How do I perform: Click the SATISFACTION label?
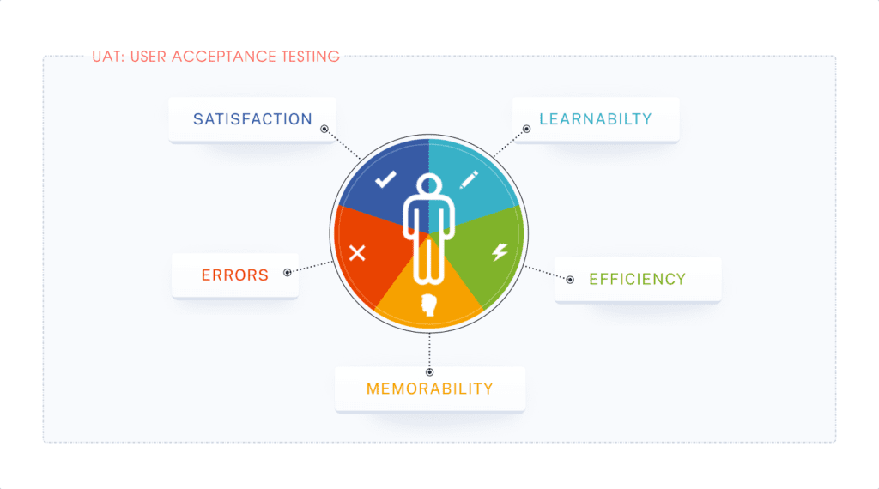click(x=252, y=119)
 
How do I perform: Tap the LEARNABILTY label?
click(x=596, y=119)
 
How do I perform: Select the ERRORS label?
click(x=235, y=275)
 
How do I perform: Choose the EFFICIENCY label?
click(x=637, y=279)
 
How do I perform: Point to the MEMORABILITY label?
click(x=429, y=389)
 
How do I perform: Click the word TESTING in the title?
click(x=310, y=57)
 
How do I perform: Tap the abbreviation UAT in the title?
click(x=106, y=57)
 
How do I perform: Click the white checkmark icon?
click(x=385, y=180)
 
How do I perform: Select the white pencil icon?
click(x=469, y=180)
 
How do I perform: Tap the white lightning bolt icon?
click(x=500, y=252)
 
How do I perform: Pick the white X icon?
click(x=357, y=252)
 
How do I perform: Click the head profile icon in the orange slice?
click(x=428, y=305)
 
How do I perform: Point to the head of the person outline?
click(x=429, y=186)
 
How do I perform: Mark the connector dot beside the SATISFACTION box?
click(x=324, y=130)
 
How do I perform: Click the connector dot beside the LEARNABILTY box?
click(x=525, y=130)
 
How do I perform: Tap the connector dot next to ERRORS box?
click(x=287, y=271)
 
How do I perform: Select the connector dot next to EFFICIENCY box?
click(x=570, y=279)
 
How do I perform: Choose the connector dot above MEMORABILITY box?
click(x=429, y=372)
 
